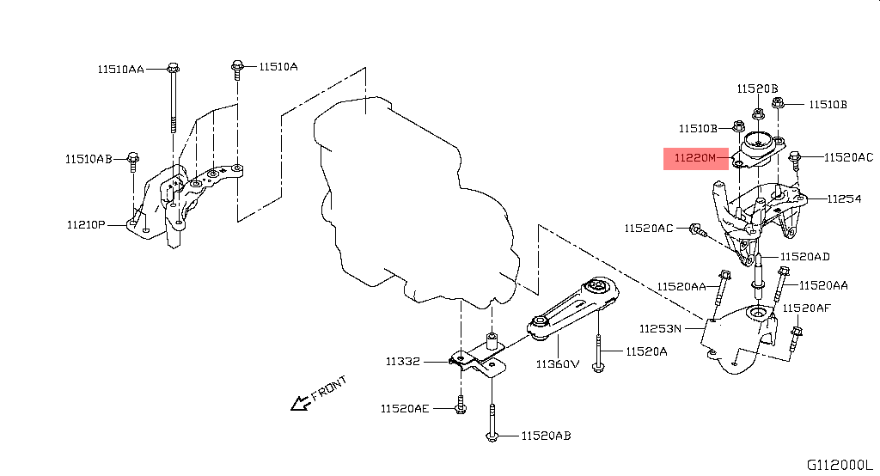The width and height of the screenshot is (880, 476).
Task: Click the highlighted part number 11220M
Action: coord(694,157)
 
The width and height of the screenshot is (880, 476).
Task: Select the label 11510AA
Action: coord(121,68)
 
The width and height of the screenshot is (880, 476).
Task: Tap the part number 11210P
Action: coord(86,225)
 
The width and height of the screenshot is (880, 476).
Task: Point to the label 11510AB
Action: coord(89,158)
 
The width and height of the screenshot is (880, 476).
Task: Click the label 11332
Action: coord(402,362)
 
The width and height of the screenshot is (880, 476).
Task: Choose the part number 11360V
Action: coord(558,363)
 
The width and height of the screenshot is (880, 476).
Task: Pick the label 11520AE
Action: coord(404,409)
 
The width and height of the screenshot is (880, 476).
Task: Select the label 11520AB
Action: coord(545,436)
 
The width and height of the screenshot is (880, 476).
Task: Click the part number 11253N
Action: coord(660,328)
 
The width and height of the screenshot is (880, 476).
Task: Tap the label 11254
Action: coord(844,198)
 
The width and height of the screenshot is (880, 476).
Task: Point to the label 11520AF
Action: coord(806,308)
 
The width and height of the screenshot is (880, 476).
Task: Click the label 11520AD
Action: coord(805,256)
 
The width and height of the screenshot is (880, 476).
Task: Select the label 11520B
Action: coord(756,88)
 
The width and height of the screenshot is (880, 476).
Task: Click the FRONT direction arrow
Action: coord(300,401)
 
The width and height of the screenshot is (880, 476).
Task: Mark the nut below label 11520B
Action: coord(757,113)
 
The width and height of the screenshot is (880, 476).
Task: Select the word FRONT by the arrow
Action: coord(328,388)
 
